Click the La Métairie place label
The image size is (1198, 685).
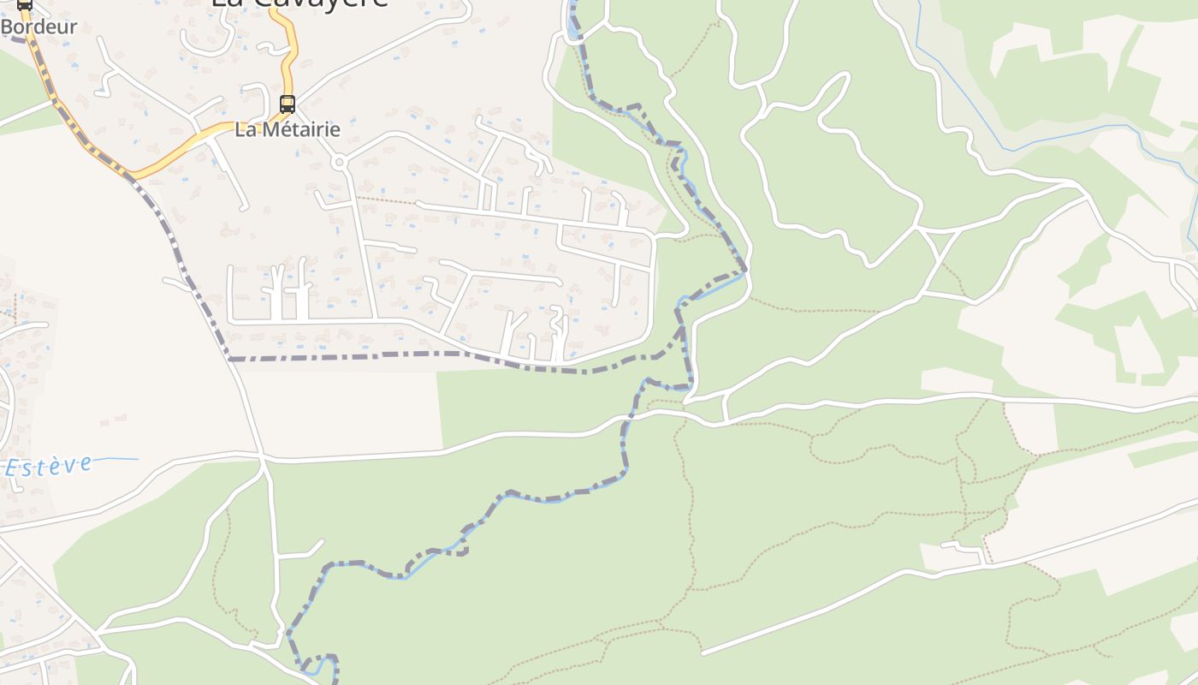288,130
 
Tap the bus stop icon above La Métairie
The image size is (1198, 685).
288,104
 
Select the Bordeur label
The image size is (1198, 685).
39,27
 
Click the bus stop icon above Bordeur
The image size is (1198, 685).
25,4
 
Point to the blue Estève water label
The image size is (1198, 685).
49,466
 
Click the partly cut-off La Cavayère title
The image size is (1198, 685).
299,3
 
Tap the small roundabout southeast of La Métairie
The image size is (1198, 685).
339,162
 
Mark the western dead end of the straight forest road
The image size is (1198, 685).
703,653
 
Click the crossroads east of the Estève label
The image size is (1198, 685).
262,459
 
